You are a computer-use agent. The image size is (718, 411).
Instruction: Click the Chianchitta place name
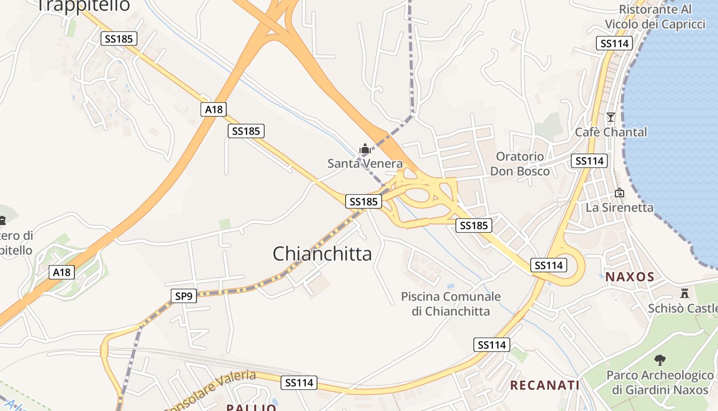pos(322,254)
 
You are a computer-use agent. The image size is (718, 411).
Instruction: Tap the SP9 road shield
pos(184,295)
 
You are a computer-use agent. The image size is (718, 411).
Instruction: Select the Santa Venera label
pos(365,164)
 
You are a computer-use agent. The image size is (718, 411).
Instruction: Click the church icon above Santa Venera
pos(365,150)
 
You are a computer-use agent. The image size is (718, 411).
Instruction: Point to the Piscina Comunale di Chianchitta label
pos(451,304)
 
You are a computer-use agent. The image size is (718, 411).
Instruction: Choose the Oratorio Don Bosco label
pos(520,164)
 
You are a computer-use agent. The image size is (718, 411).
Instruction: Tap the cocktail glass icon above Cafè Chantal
pos(610,117)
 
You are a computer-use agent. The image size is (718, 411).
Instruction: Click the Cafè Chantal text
pos(611,132)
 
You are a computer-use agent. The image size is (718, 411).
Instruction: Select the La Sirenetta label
pos(620,208)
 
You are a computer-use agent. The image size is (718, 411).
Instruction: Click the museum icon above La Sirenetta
pos(620,193)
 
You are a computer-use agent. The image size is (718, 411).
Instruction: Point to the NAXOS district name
pos(630,277)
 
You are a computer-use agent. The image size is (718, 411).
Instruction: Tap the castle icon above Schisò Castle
pos(684,293)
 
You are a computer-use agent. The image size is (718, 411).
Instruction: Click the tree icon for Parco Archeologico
pos(660,360)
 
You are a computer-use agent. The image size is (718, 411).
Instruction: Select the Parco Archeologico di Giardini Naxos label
pos(660,382)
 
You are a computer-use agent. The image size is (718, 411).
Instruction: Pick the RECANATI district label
pos(545,385)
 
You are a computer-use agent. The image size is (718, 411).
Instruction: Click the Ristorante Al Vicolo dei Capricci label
pos(655,16)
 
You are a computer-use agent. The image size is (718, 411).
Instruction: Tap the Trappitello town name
pos(84,5)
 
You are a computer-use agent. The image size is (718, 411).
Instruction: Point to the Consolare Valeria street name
pos(210,390)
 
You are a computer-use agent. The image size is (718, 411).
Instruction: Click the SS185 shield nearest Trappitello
pos(119,39)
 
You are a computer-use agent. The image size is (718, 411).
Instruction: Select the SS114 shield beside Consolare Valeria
pos(299,383)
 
